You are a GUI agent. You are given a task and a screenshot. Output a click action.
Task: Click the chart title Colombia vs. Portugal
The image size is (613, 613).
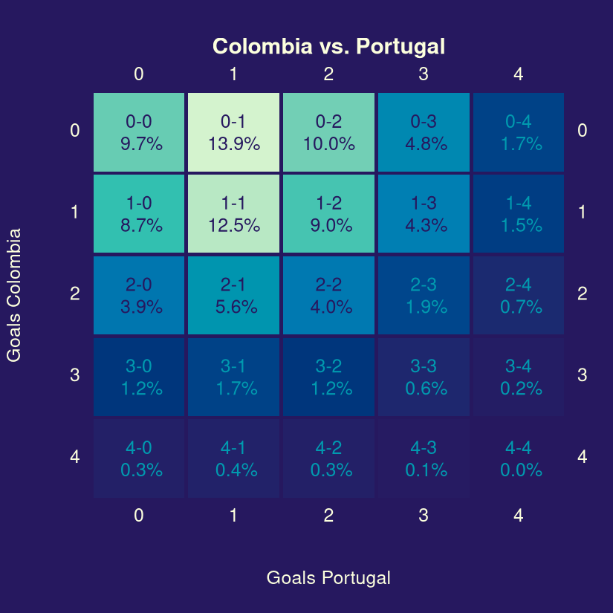(x=328, y=47)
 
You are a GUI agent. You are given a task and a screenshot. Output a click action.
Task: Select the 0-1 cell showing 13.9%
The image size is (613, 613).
(x=234, y=132)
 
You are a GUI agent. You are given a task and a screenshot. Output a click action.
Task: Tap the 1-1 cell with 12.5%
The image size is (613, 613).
(x=234, y=214)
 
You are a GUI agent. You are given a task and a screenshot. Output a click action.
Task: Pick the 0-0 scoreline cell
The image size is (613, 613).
(x=139, y=132)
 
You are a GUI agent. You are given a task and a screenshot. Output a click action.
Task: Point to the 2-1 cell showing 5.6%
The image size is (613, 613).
(x=234, y=295)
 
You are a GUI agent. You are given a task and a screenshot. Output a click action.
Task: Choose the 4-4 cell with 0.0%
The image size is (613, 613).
(x=519, y=458)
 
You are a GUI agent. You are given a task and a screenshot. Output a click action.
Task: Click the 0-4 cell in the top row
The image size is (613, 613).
(x=519, y=132)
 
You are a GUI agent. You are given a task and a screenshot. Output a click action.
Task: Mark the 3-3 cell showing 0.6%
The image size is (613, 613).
(x=424, y=377)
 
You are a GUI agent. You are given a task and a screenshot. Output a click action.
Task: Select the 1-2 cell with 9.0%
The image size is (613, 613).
(x=328, y=214)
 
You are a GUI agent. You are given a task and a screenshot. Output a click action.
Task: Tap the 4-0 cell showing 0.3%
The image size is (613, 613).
(x=139, y=458)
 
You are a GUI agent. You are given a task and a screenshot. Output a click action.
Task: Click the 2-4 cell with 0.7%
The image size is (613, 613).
(x=519, y=295)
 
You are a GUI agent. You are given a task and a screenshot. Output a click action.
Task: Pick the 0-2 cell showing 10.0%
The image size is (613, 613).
(x=328, y=132)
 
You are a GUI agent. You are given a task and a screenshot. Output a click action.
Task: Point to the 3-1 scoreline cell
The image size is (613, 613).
(x=234, y=377)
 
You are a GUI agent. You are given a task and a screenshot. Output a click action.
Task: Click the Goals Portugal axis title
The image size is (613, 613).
(x=328, y=578)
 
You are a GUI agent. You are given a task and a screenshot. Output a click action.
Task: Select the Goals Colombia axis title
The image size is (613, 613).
(x=13, y=295)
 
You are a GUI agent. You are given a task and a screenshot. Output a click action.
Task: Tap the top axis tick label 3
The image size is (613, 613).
(x=424, y=74)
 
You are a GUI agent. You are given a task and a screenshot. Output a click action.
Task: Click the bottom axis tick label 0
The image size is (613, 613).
(x=139, y=515)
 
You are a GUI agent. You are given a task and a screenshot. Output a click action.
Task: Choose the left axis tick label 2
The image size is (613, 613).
(x=74, y=293)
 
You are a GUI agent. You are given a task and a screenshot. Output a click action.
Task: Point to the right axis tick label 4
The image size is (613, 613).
(x=582, y=457)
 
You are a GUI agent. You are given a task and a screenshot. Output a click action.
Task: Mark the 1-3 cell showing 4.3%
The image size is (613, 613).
(x=424, y=214)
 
